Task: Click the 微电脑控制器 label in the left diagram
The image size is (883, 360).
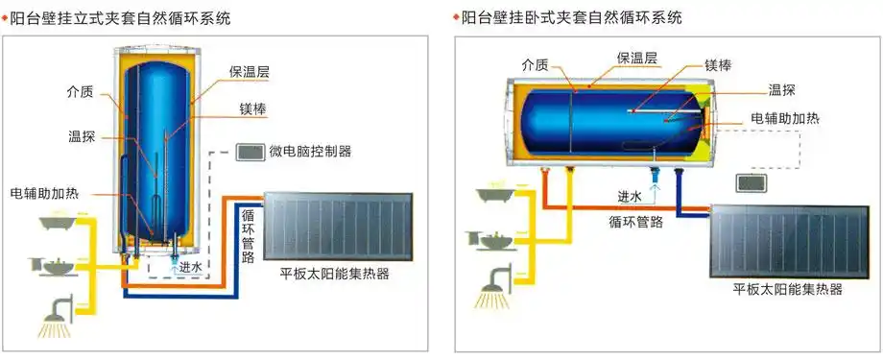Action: click(x=310, y=152)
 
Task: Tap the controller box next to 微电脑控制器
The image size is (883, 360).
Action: click(x=250, y=152)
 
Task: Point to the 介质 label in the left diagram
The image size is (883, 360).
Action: click(x=81, y=93)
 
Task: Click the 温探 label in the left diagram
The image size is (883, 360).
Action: click(x=81, y=136)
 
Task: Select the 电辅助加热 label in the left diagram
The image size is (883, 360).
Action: click(x=46, y=191)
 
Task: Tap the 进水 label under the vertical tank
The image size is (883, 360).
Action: click(x=191, y=268)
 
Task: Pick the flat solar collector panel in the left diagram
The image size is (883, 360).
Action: click(x=335, y=226)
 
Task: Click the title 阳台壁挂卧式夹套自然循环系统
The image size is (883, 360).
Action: click(x=572, y=17)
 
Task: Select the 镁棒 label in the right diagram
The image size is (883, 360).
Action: click(x=720, y=65)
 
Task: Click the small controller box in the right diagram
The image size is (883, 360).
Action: click(x=751, y=181)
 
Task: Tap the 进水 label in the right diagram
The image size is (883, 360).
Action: click(x=630, y=196)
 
